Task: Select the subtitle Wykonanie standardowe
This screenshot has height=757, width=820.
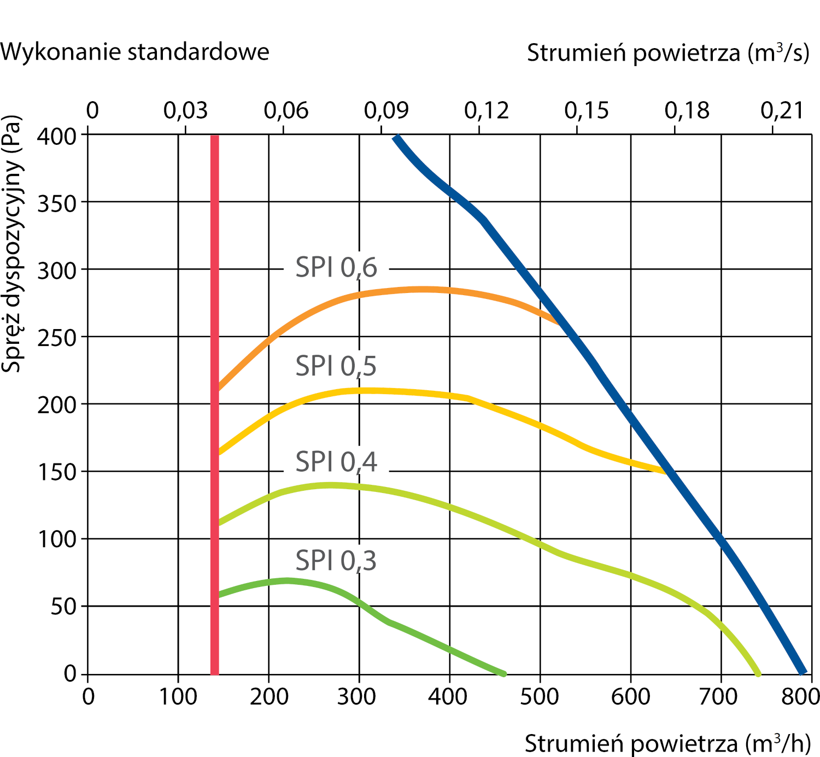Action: [134, 52]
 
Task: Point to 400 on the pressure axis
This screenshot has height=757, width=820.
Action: [56, 136]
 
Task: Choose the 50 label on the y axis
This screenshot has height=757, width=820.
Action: [63, 607]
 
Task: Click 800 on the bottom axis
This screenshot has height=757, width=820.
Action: [800, 697]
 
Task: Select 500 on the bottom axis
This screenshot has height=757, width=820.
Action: [539, 697]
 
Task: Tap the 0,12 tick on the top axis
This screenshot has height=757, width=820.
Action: [486, 111]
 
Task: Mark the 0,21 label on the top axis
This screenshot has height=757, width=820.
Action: [782, 111]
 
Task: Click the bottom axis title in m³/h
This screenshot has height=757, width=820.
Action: [667, 744]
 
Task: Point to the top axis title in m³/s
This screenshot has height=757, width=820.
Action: [667, 53]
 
